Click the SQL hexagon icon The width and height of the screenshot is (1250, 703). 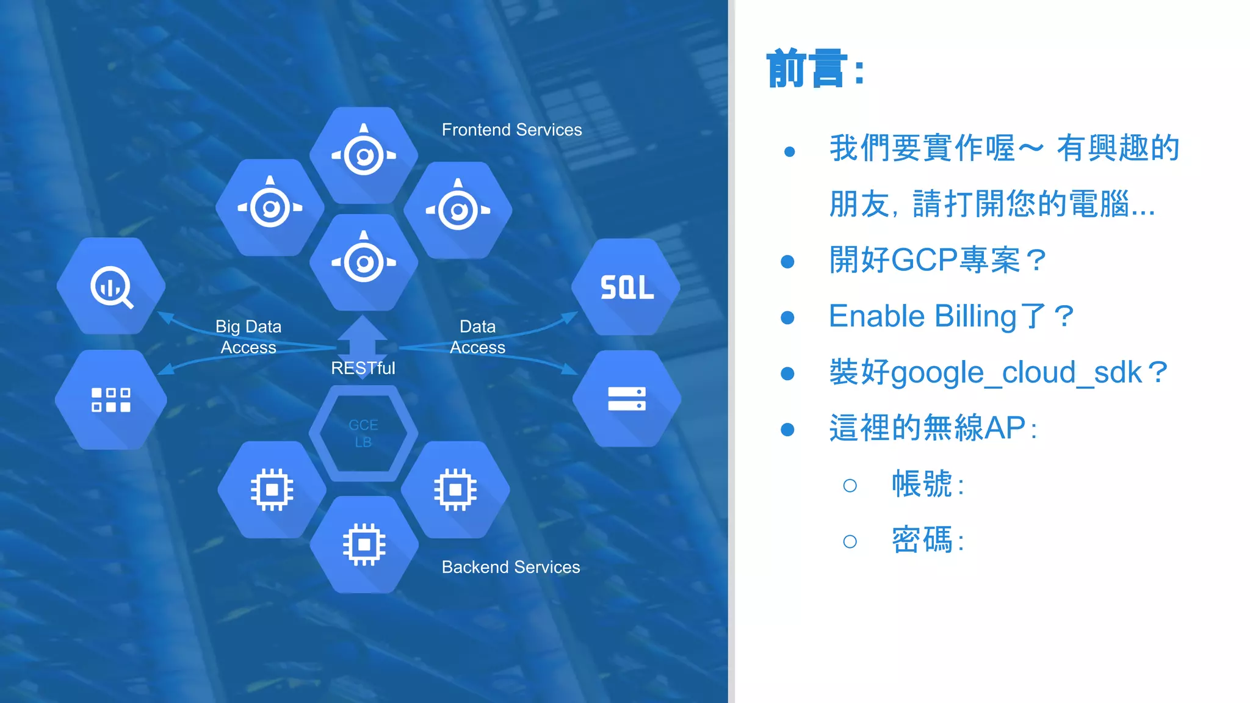[626, 287]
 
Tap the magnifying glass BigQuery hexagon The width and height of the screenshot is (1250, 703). [111, 286]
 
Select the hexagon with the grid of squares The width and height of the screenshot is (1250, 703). [111, 400]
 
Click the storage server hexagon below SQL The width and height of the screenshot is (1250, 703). [627, 398]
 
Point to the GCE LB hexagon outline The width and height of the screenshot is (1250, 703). [363, 433]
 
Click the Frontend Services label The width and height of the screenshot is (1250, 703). [511, 130]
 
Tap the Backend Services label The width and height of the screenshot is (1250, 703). [511, 567]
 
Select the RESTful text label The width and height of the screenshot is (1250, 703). [363, 368]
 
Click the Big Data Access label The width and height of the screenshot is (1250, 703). [248, 337]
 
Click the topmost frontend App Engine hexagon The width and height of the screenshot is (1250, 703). [364, 155]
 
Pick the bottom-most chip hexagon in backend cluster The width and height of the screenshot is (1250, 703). [364, 544]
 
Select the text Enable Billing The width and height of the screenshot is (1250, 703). [922, 316]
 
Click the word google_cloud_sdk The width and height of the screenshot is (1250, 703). [1016, 372]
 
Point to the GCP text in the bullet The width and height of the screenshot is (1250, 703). [924, 260]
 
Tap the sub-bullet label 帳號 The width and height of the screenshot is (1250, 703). [922, 485]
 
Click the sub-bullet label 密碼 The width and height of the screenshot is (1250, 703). [922, 540]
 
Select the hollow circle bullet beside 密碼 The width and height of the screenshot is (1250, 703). [850, 541]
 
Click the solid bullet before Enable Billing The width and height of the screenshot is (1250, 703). [788, 317]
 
